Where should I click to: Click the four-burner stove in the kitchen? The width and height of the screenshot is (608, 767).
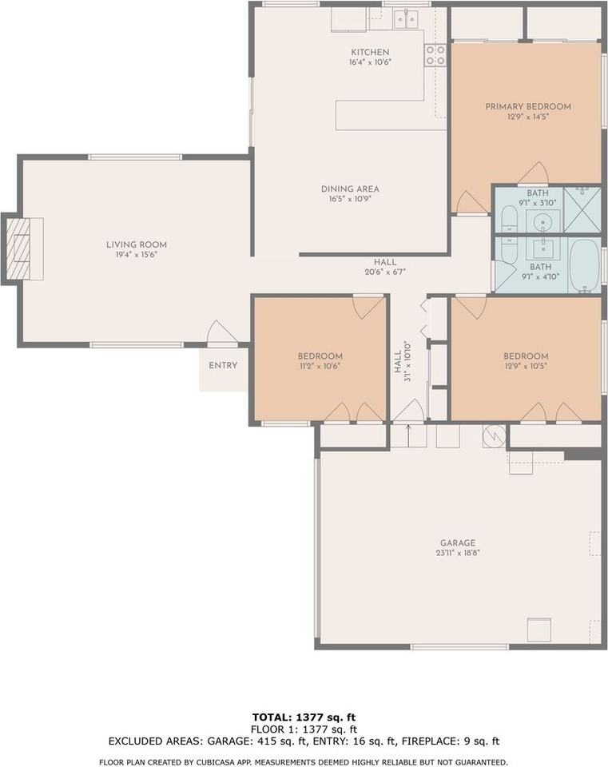point(435,54)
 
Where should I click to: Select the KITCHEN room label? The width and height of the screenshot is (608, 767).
point(370,51)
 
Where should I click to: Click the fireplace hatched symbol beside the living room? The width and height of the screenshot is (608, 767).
point(19,248)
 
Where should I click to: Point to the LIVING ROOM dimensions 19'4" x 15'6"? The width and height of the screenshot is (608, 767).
point(137,255)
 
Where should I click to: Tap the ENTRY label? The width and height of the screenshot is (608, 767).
point(223,366)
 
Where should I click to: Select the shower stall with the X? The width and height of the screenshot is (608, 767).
point(582,210)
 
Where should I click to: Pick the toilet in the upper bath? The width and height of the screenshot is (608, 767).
point(509,218)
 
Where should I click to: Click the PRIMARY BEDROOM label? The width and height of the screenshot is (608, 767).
point(528,106)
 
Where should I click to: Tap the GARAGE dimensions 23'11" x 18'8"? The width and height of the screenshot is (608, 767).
point(457,552)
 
